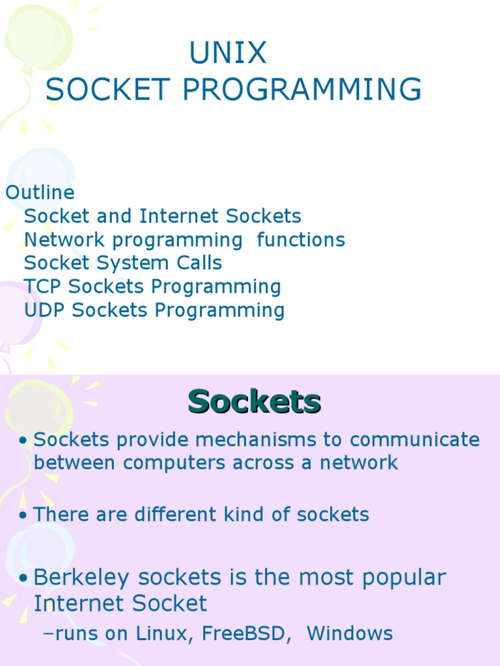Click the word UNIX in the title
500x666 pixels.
click(x=228, y=53)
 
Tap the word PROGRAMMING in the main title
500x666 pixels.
click(x=302, y=89)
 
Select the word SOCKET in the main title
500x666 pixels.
click(x=108, y=89)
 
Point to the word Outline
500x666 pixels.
click(x=40, y=193)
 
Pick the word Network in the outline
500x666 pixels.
click(x=64, y=239)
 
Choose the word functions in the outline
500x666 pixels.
click(x=301, y=239)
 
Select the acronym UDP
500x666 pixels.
click(x=44, y=310)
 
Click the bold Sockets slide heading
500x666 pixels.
click(x=255, y=401)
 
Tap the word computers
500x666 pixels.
click(x=174, y=463)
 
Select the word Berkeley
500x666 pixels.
click(x=81, y=578)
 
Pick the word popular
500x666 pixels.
click(x=404, y=578)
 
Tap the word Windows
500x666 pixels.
click(x=350, y=633)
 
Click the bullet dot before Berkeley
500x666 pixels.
click(x=23, y=578)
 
